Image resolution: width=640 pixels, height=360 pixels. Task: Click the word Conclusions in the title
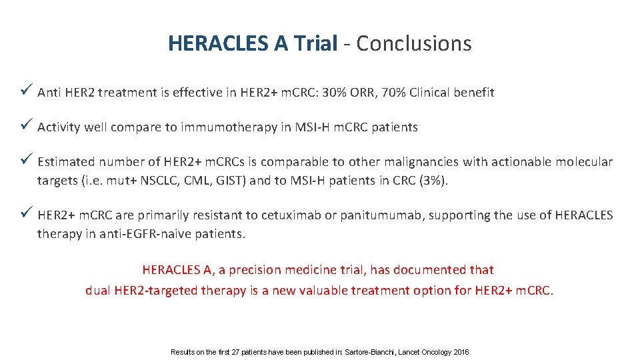pyautogui.click(x=414, y=44)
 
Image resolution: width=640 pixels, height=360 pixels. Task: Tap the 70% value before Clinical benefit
pyautogui.click(x=397, y=93)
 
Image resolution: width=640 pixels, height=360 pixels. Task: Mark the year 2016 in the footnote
pyautogui.click(x=461, y=352)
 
